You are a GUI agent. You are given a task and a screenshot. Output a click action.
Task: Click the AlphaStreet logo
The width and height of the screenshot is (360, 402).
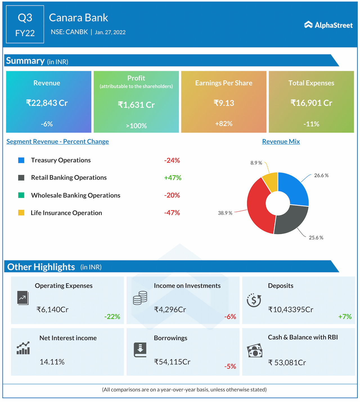[328, 25]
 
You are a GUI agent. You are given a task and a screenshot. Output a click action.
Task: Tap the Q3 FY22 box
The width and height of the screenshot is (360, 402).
[25, 24]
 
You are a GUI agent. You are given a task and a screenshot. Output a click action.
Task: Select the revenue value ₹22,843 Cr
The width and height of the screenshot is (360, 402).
[47, 103]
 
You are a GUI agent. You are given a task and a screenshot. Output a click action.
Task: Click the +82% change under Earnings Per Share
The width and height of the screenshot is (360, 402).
[224, 124]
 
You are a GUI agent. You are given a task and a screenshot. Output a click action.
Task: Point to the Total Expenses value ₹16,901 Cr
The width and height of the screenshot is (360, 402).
[311, 103]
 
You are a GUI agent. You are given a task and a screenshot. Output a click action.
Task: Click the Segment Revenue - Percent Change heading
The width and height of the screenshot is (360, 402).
[58, 142]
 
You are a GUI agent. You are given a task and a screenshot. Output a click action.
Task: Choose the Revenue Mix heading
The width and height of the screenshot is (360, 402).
[281, 142]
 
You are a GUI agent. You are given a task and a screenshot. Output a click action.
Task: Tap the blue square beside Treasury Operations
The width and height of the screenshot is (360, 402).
[21, 160]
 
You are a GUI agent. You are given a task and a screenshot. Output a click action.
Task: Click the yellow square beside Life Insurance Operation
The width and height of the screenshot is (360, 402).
[21, 213]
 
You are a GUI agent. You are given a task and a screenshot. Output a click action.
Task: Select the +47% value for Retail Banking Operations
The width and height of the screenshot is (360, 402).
[173, 178]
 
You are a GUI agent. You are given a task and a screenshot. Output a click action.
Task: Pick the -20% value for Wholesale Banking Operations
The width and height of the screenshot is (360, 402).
[172, 195]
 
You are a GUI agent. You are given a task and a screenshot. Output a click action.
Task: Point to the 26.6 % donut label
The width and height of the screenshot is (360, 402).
[321, 175]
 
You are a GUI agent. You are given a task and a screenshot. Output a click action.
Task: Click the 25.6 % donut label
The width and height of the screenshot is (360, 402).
[316, 238]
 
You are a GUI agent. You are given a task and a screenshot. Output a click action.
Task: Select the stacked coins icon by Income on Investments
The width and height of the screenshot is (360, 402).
[140, 298]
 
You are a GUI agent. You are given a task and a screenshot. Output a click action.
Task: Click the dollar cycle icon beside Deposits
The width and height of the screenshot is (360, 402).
[254, 300]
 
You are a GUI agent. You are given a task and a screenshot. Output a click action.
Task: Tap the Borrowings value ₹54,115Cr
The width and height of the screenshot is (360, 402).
[172, 362]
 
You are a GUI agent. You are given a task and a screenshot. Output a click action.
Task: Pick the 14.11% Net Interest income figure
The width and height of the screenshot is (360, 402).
[52, 362]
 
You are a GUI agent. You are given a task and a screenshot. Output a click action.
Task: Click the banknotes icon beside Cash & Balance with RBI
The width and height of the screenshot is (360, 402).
[255, 351]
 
